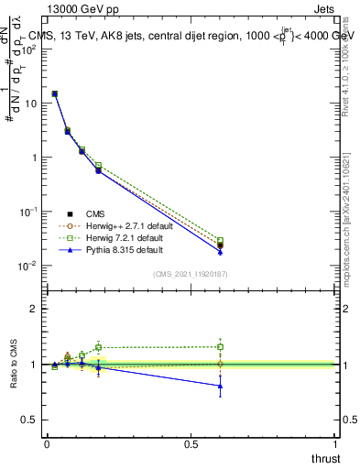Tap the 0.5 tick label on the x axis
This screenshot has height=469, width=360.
191,444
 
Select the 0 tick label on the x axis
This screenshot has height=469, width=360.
47,444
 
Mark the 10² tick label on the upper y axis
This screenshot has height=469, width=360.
31,49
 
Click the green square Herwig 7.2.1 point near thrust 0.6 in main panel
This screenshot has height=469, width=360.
220,241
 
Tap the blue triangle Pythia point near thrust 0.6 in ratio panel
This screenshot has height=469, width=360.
220,386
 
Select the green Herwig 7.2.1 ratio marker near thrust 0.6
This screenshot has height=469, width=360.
220,346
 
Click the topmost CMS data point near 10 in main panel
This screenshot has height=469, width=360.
55,93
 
